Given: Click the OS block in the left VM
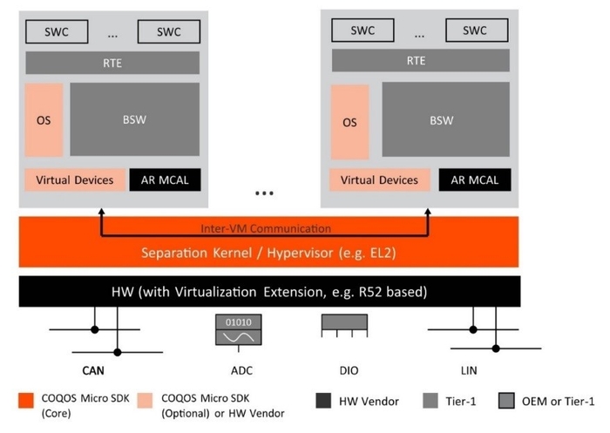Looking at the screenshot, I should pyautogui.click(x=44, y=119).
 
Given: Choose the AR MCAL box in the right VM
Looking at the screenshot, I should pyautogui.click(x=474, y=180).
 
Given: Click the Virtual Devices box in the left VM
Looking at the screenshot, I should pyautogui.click(x=74, y=180).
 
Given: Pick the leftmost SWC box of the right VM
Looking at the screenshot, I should pyautogui.click(x=361, y=30).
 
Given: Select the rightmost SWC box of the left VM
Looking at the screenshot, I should pyautogui.click(x=169, y=31).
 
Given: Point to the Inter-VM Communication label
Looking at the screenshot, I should pyautogui.click(x=266, y=228).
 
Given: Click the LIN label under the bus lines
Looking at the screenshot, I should pyautogui.click(x=468, y=371).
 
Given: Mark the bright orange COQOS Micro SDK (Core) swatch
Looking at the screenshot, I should pyautogui.click(x=25, y=401).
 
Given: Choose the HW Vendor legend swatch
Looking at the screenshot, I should pyautogui.click(x=323, y=401).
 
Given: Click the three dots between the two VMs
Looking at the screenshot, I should pyautogui.click(x=264, y=193).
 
